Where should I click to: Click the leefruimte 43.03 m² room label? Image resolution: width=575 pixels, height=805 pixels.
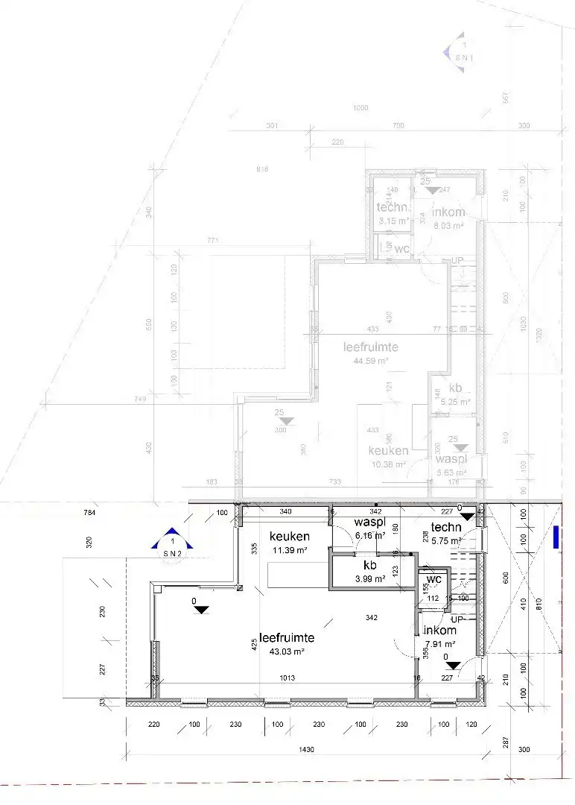[x=287, y=644]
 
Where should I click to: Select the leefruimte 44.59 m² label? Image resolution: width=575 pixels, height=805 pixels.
[x=370, y=353]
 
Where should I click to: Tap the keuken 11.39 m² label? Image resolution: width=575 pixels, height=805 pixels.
[x=289, y=542]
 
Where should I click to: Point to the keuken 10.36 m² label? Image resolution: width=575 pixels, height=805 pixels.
[x=388, y=457]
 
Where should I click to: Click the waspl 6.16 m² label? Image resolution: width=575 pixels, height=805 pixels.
[x=369, y=528]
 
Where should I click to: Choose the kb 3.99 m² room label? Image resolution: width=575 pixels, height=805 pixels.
[x=370, y=571]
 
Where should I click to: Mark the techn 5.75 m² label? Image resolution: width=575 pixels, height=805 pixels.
[x=446, y=534]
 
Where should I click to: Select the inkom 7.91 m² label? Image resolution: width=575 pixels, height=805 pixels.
[x=439, y=637]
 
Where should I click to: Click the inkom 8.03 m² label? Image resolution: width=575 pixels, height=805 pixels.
[x=449, y=218]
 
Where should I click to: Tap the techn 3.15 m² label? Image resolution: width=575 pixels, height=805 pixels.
[x=393, y=213]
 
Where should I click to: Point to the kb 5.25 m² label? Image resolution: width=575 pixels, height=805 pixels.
[x=455, y=394]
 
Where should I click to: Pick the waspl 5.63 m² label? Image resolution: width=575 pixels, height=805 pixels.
[x=451, y=465]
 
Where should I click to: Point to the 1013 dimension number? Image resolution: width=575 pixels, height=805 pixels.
[x=287, y=678]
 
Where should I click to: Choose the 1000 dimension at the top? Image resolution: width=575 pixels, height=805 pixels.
[x=360, y=108]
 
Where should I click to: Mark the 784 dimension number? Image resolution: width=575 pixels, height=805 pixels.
[x=91, y=513]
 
